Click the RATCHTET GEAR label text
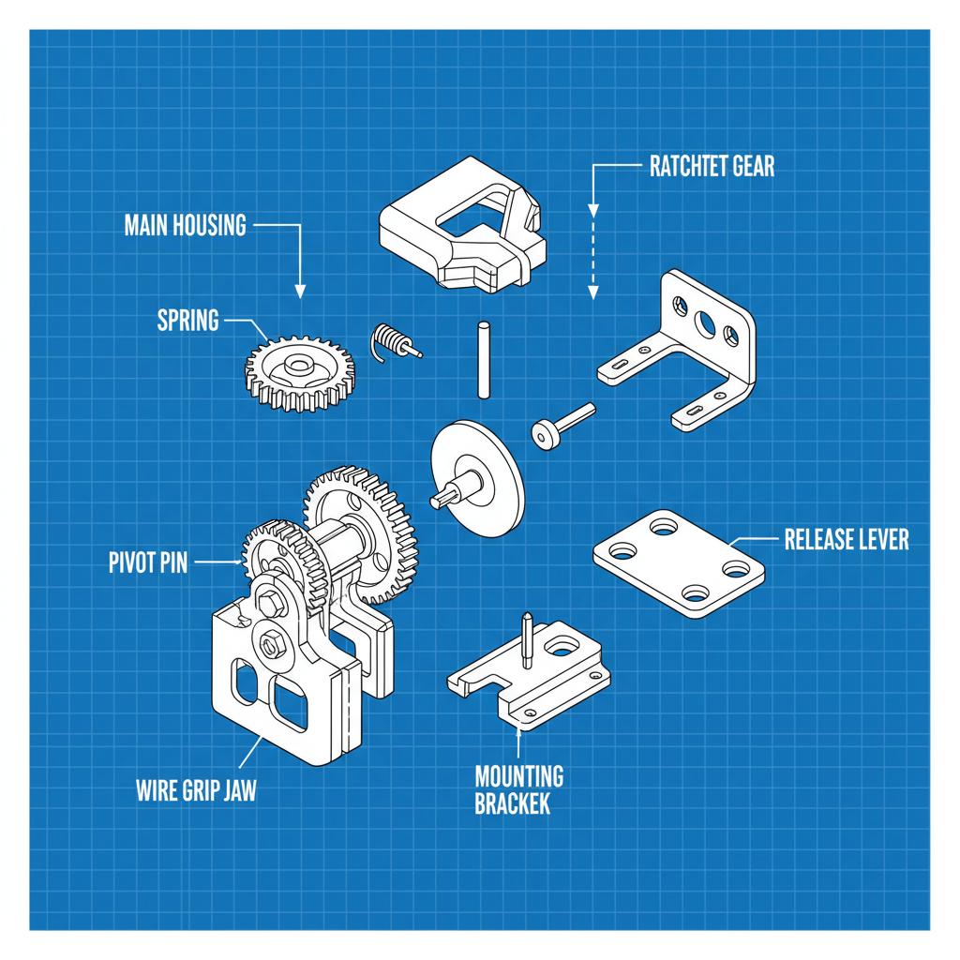(712, 167)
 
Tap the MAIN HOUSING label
(185, 226)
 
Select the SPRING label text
(187, 321)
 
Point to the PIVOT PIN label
(148, 562)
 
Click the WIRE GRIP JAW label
(196, 790)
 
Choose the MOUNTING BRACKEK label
(518, 789)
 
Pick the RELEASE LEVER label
(846, 540)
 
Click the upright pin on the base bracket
(527, 640)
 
